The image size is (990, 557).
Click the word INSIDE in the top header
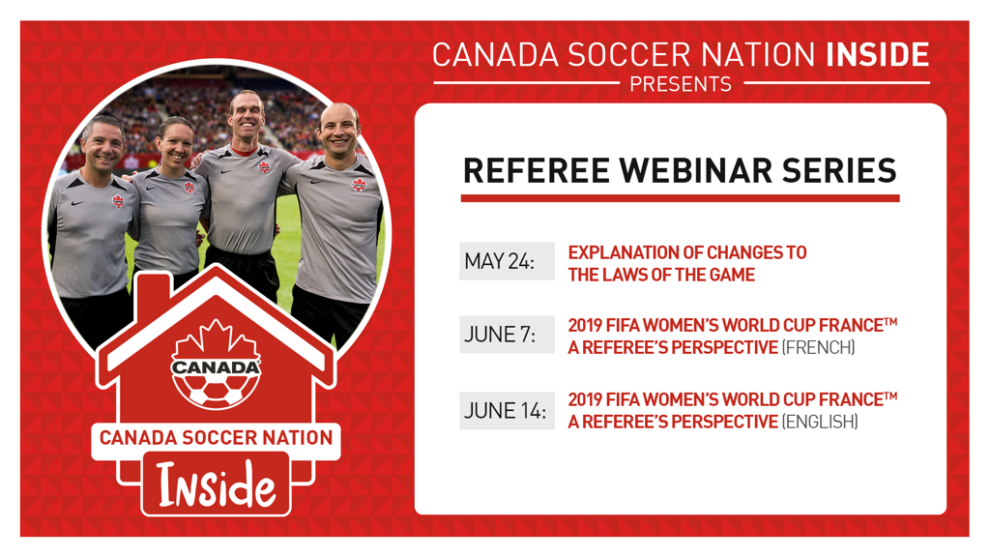pyautogui.click(x=878, y=55)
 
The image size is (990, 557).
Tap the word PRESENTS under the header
pyautogui.click(x=681, y=84)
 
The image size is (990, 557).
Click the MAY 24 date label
pyautogui.click(x=500, y=261)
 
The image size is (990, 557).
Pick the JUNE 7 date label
pyautogui.click(x=500, y=334)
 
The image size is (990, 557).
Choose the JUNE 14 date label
pyautogui.click(x=505, y=410)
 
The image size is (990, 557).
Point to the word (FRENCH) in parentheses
pyautogui.click(x=818, y=347)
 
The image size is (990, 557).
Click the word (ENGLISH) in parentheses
pyautogui.click(x=820, y=422)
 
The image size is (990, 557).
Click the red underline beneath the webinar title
pyautogui.click(x=680, y=198)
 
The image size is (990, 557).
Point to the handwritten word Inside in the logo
pyautogui.click(x=216, y=485)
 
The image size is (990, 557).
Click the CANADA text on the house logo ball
pyautogui.click(x=216, y=366)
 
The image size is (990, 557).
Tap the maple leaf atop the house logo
pyautogui.click(x=216, y=338)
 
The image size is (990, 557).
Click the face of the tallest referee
pyautogui.click(x=246, y=120)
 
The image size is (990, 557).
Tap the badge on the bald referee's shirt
pyautogui.click(x=359, y=185)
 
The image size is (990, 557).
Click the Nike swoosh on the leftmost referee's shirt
pyautogui.click(x=77, y=203)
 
